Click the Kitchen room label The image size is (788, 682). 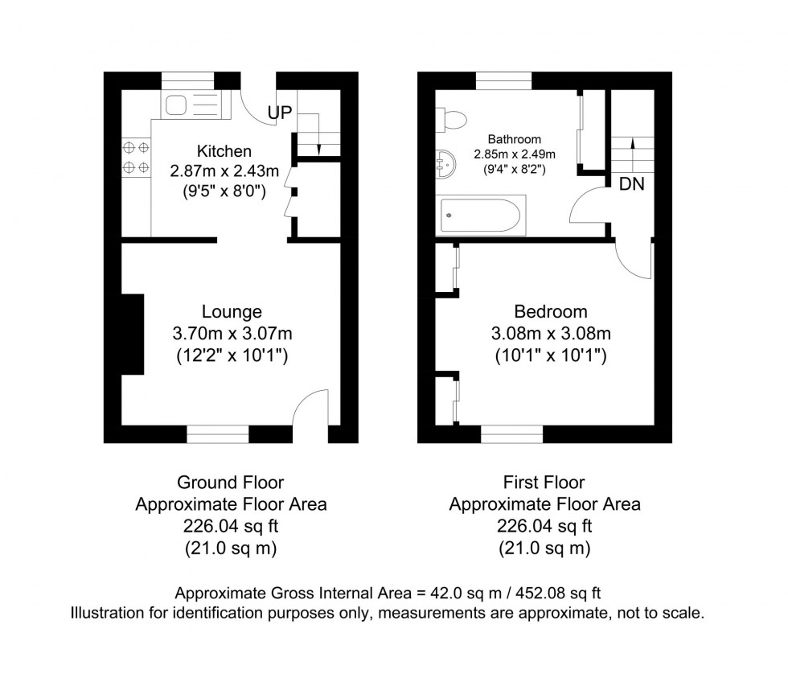point(224,150)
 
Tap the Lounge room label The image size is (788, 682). point(232,312)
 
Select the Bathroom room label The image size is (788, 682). point(515,139)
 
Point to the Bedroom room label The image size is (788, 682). point(551,311)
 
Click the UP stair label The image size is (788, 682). point(280,113)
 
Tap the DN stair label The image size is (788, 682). point(632,184)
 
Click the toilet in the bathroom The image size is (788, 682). point(451,120)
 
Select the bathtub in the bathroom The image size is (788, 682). point(481,215)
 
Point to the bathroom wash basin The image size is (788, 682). point(445,162)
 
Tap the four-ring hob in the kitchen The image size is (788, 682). point(136,157)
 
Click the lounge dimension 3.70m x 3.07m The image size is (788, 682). point(232,333)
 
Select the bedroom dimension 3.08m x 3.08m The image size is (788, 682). point(551,333)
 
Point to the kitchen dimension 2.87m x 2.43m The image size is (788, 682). point(224,170)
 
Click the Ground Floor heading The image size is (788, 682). point(231,483)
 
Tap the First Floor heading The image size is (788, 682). point(544,483)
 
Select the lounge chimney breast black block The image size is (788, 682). point(133,335)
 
